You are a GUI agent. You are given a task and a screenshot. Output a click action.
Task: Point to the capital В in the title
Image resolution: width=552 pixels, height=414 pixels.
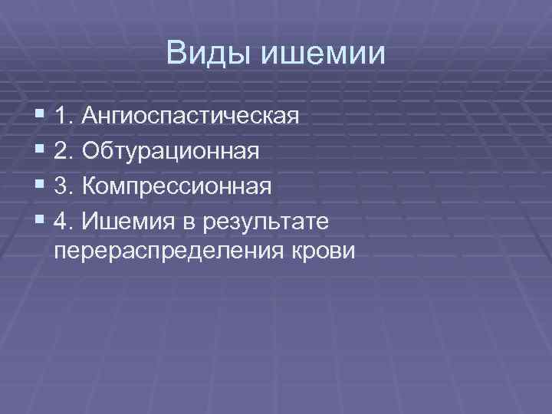coord(176,53)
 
